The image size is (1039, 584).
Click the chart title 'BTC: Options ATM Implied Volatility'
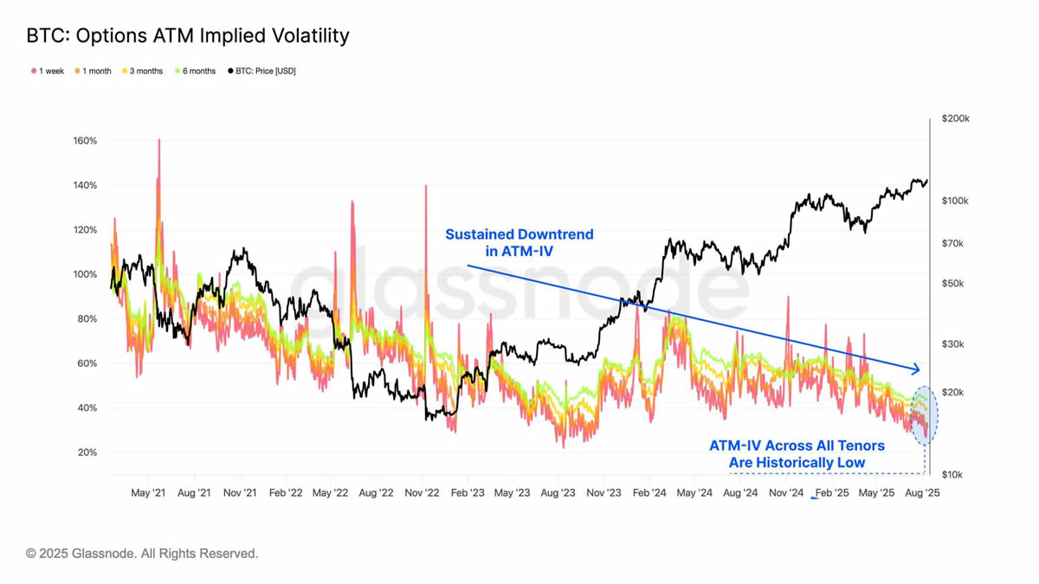pos(188,35)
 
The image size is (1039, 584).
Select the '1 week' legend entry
pos(48,71)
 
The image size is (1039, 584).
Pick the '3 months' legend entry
pos(143,71)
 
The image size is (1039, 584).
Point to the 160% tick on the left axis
pos(85,141)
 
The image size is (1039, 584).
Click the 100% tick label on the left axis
pos(85,274)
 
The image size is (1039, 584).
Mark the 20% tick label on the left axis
pos(87,452)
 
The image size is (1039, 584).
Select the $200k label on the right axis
pos(956,119)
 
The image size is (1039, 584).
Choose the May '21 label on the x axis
pos(148,493)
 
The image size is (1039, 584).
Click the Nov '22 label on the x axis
pos(422,493)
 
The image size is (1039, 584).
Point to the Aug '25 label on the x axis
pos(922,493)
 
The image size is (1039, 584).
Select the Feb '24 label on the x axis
pos(649,493)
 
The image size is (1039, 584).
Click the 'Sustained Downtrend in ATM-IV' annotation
pos(519,242)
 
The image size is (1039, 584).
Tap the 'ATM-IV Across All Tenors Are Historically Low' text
pos(797,453)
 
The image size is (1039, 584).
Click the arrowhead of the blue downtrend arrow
pos(917,369)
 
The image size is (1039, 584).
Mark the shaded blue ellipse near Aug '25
pos(925,415)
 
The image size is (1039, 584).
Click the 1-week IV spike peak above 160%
pos(159,140)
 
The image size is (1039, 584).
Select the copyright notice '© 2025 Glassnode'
pos(142,553)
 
